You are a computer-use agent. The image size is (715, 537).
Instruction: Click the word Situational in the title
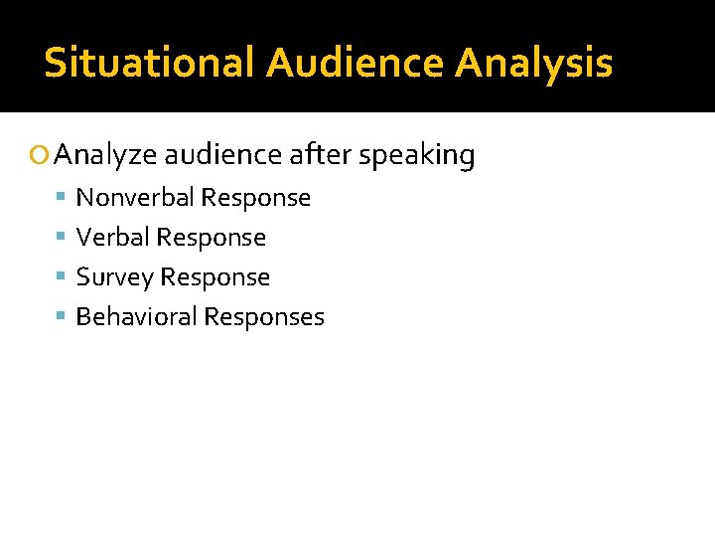[x=150, y=63]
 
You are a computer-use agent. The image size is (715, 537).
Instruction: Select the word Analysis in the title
[x=534, y=63]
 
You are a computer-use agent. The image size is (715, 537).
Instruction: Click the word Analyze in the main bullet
[x=106, y=156]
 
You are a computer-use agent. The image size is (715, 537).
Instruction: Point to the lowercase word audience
[x=223, y=155]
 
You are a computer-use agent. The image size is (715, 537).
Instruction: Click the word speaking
[x=418, y=156]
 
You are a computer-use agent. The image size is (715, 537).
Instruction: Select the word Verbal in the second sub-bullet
[x=111, y=238]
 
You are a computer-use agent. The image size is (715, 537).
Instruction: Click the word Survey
[x=114, y=277]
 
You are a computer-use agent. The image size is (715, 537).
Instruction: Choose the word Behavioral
[x=136, y=317]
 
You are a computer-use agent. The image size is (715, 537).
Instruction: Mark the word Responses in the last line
[x=264, y=317]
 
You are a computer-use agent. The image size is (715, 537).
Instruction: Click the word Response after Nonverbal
[x=256, y=198]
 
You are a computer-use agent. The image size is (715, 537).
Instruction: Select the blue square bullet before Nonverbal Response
[x=62, y=198]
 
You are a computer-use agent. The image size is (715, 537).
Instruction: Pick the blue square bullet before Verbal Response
[x=62, y=238]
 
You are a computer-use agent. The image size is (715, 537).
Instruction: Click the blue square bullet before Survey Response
[x=62, y=277]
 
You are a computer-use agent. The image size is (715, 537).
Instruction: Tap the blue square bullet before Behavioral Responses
[x=62, y=317]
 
